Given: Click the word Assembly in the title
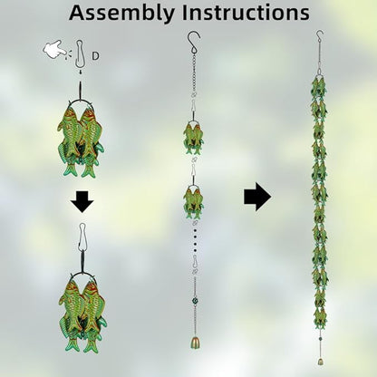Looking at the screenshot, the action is tap(121, 14).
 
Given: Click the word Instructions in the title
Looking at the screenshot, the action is tap(246, 13).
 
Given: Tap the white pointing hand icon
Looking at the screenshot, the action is tap(55, 50).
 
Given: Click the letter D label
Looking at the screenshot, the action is tap(95, 56).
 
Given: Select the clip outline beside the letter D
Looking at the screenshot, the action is tap(79, 54).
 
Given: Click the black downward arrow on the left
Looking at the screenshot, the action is tap(82, 201).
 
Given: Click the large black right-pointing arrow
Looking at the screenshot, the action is tap(257, 197).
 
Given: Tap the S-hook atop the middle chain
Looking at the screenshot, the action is tap(194, 42).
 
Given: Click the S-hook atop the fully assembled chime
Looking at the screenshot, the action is tap(320, 36).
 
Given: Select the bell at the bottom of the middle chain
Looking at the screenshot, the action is tap(195, 342).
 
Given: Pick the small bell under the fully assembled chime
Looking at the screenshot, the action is tap(320, 362).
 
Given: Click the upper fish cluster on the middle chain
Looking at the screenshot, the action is tap(194, 137).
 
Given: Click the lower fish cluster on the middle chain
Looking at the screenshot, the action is tap(194, 201).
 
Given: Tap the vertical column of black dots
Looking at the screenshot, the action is tap(195, 240).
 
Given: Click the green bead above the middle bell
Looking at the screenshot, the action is tap(194, 301).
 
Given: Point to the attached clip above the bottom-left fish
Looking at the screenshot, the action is tap(82, 237).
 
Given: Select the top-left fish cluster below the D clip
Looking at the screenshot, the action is tap(81, 139).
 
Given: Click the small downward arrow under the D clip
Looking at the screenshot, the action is tap(81, 72).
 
